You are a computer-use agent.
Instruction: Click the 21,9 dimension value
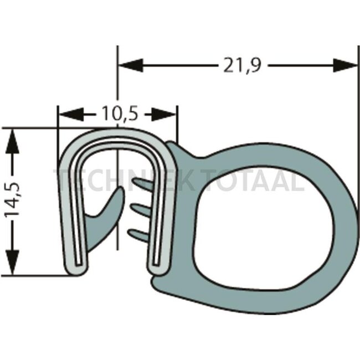point(242,65)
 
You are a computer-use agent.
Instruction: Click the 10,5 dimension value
point(119,115)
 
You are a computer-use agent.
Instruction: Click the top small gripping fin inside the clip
point(141,184)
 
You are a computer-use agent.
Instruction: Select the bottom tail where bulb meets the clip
point(161,288)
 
